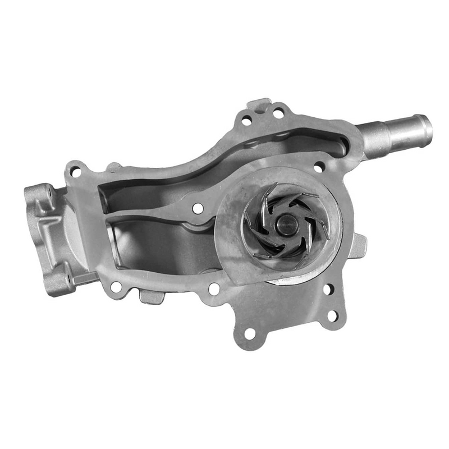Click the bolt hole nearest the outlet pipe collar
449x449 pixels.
click(x=318, y=167)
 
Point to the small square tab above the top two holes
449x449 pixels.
click(x=259, y=104)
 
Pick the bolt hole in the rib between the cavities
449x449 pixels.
click(x=198, y=208)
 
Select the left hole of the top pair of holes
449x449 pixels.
click(x=246, y=120)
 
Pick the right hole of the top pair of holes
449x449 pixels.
click(x=278, y=114)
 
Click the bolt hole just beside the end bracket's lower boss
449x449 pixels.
click(x=116, y=286)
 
